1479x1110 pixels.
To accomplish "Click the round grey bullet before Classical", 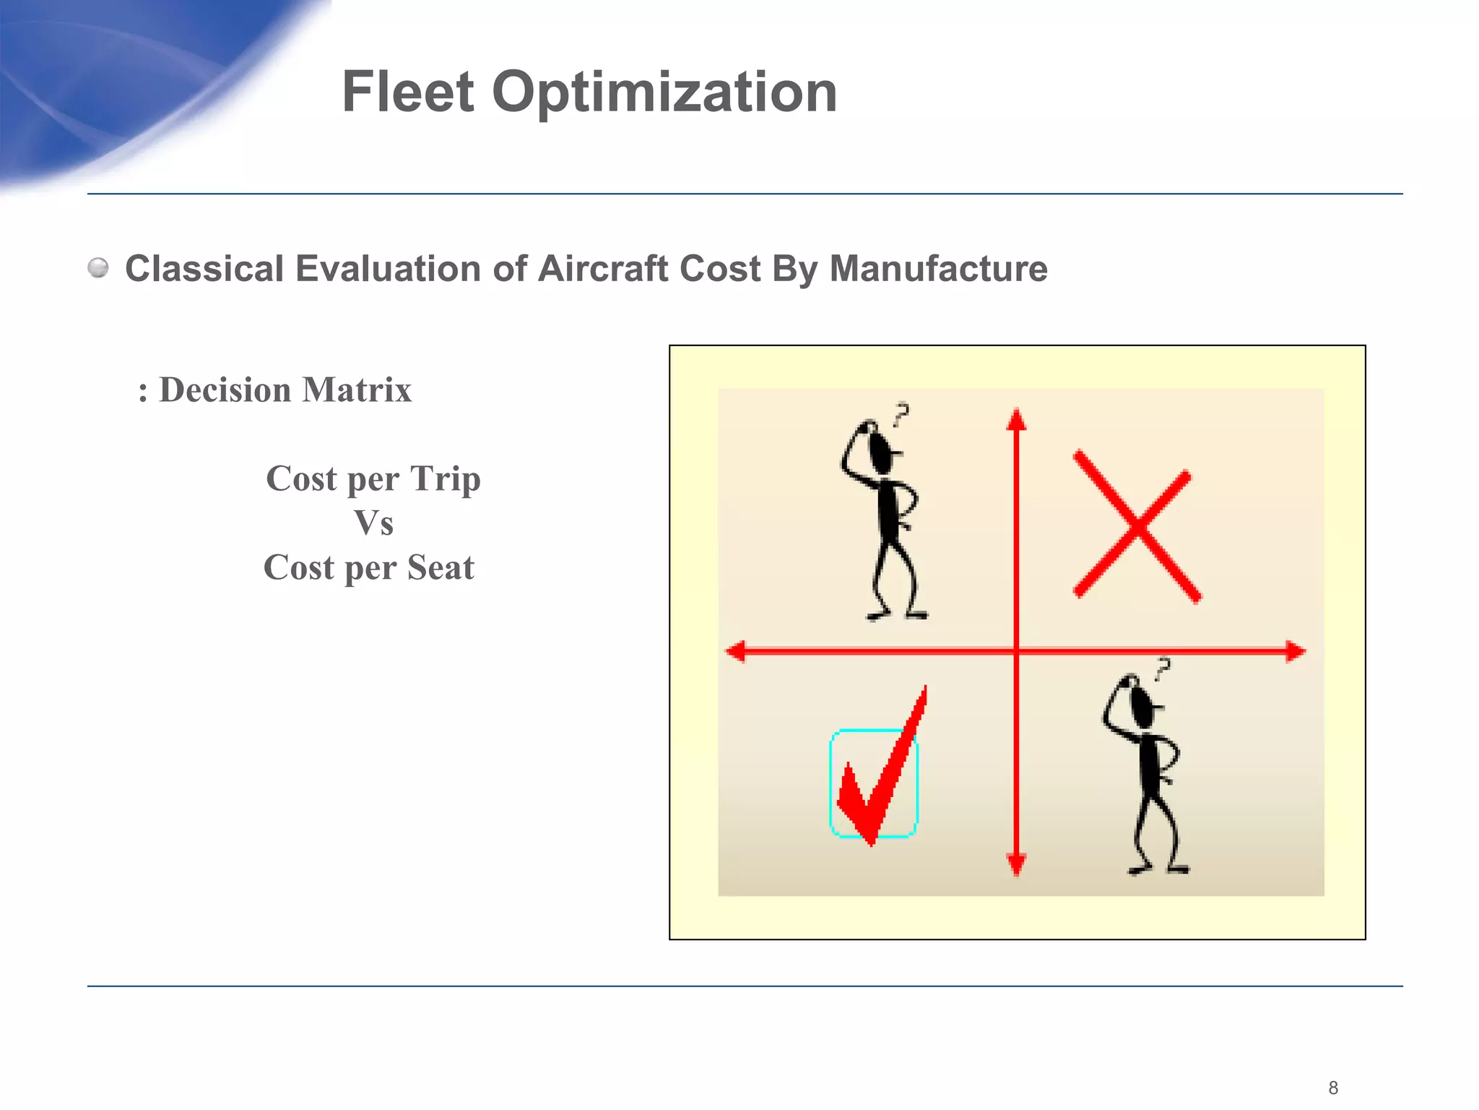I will click(x=98, y=268).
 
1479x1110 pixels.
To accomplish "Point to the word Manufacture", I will click(x=938, y=269).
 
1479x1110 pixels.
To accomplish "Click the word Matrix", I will click(x=357, y=390).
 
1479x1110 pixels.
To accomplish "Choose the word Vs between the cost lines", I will click(x=373, y=523).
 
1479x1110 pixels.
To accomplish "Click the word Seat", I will click(x=441, y=567).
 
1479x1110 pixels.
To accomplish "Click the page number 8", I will click(x=1333, y=1088).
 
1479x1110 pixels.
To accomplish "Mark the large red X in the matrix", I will click(x=1136, y=527).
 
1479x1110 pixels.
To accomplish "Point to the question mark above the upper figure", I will click(x=901, y=414).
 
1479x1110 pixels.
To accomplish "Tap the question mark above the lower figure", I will click(x=1162, y=668).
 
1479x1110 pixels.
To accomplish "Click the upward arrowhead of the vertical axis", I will click(x=1016, y=418).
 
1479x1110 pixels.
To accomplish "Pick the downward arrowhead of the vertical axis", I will click(x=1016, y=864).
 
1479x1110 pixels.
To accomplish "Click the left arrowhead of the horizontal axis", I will click(x=736, y=651).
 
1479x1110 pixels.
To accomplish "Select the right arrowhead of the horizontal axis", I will click(x=1296, y=651).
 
